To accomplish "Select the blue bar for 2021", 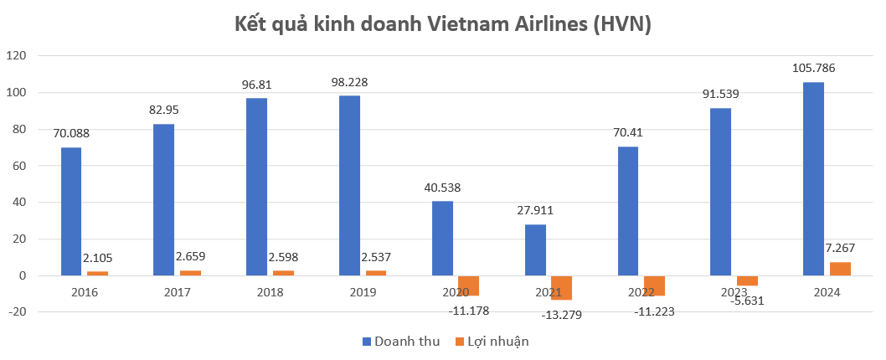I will click(535, 249).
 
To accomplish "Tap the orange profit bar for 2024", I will click(840, 269).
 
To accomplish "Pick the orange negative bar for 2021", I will click(561, 287).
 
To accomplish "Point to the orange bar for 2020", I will click(468, 285).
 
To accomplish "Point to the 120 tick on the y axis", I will click(17, 55).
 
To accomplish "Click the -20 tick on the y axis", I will click(17, 312).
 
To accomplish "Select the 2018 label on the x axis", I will click(270, 292).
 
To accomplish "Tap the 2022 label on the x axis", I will click(641, 292).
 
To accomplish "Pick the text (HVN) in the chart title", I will click(621, 24).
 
